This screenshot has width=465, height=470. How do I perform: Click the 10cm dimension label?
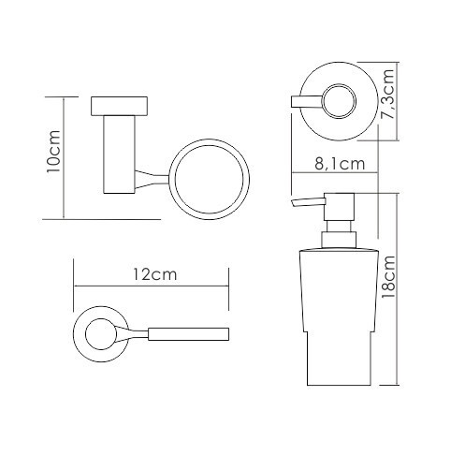coord(52,151)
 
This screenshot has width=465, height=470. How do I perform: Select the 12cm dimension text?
coord(155,274)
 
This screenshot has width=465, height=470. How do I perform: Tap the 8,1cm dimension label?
coord(340,164)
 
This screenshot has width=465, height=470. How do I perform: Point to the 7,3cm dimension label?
coord(387,94)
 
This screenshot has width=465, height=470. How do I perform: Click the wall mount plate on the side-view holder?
coord(119,107)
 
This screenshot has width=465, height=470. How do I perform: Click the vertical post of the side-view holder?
coord(119,154)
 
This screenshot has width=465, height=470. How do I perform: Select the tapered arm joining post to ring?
coord(153,180)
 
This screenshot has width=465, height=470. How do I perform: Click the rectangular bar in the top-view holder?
coord(188,334)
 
